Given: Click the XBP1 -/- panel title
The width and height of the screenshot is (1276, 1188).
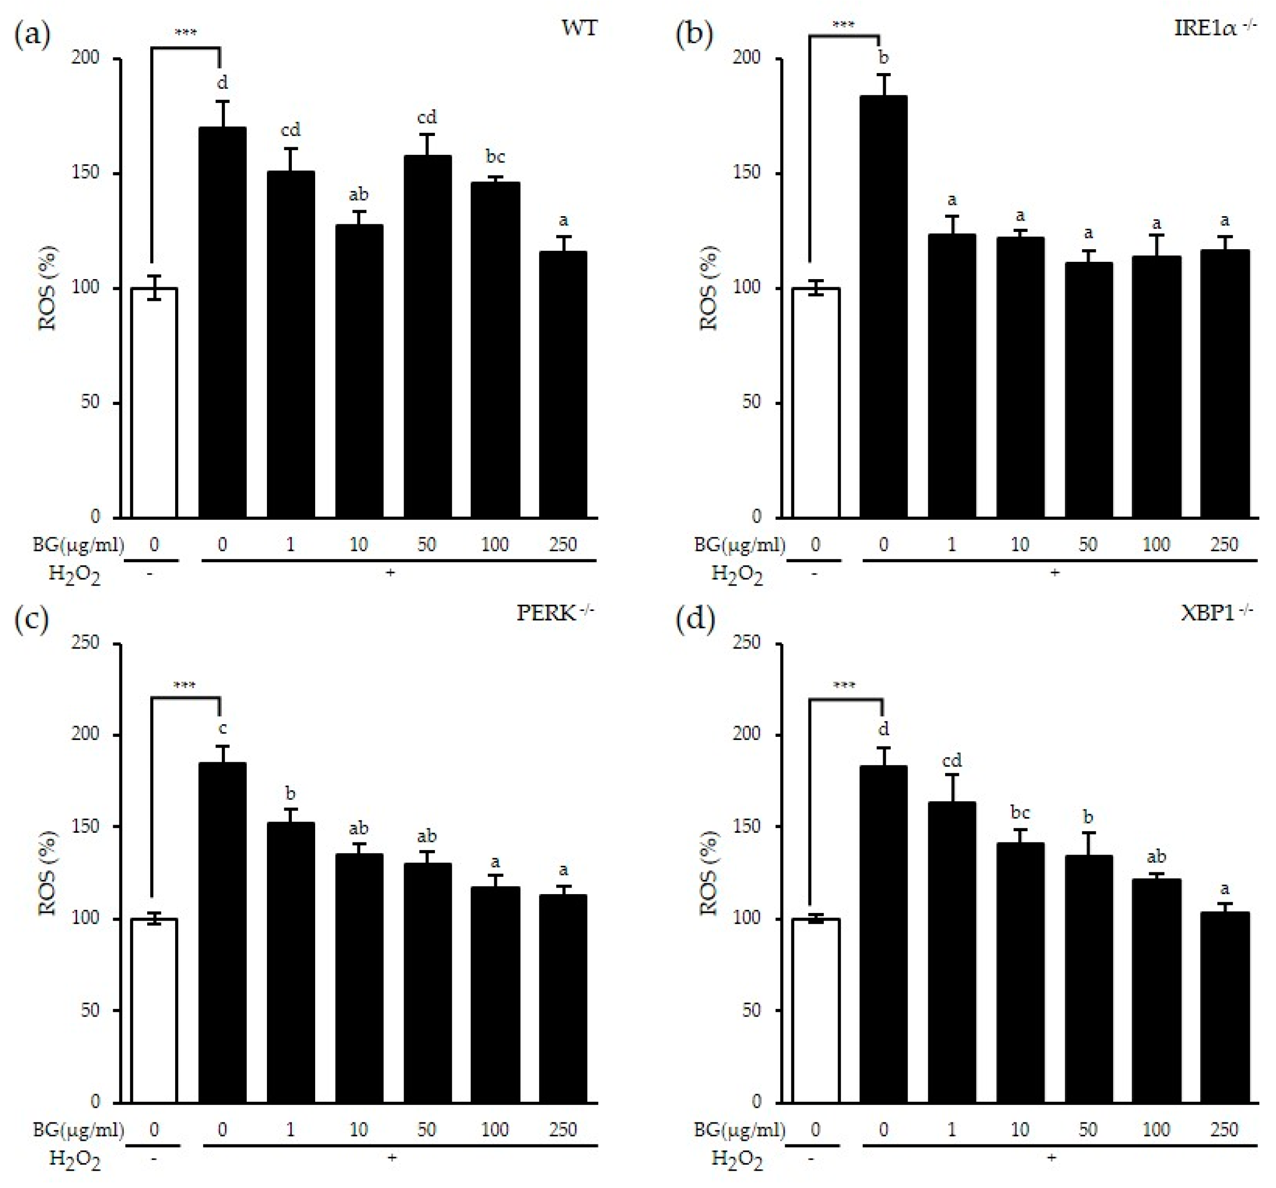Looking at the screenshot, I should coord(1216,613).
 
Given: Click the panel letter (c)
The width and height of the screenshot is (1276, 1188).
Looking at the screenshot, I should coord(31,619).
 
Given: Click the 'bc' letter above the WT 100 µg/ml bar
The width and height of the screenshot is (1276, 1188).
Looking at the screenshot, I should coord(495,157).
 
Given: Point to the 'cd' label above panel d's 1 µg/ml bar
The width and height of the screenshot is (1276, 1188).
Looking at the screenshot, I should coord(951,761).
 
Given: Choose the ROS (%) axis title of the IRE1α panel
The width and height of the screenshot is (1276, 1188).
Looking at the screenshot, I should coord(708,288).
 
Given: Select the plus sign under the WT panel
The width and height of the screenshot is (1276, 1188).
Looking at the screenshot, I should coord(390,572).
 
